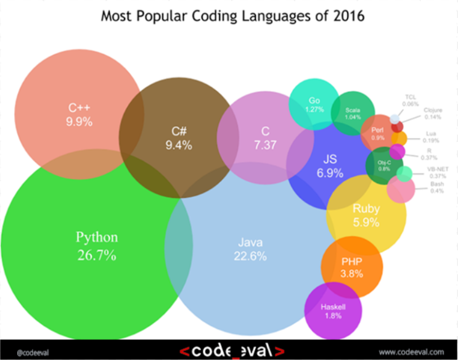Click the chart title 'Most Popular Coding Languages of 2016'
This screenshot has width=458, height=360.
pyautogui.click(x=232, y=15)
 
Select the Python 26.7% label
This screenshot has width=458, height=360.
pyautogui.click(x=96, y=246)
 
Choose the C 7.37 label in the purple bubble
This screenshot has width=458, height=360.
pyautogui.click(x=265, y=137)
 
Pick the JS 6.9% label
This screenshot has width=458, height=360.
pyautogui.click(x=330, y=166)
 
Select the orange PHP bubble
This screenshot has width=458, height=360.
pyautogui.click(x=352, y=267)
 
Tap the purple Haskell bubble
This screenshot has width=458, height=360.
pyautogui.click(x=333, y=311)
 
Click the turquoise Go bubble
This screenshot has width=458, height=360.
pyautogui.click(x=314, y=104)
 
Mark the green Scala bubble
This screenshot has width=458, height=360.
pyautogui.click(x=353, y=113)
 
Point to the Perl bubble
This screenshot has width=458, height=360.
pyautogui.click(x=377, y=134)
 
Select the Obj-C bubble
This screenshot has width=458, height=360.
pyautogui.click(x=384, y=165)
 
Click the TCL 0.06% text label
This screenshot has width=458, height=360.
pyautogui.click(x=411, y=100)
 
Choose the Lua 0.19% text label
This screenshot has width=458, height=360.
pyautogui.click(x=432, y=137)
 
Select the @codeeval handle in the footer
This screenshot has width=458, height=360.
pyautogui.click(x=29, y=352)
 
